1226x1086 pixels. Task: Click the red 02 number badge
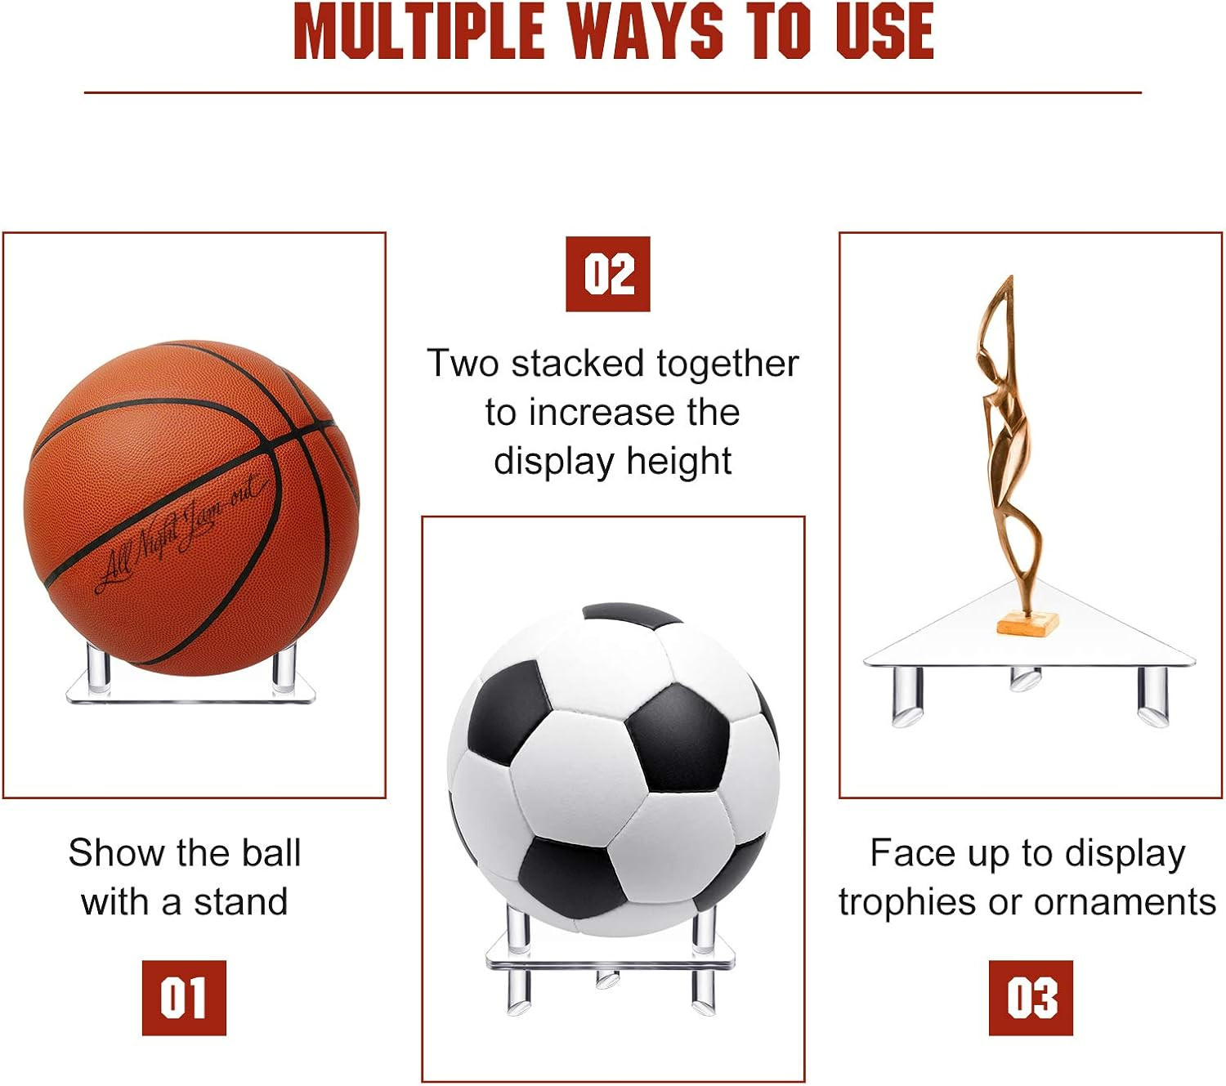click(x=607, y=274)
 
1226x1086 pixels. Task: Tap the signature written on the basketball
click(x=181, y=535)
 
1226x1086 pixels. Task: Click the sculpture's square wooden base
click(x=1028, y=623)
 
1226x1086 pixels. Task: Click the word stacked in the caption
click(x=577, y=364)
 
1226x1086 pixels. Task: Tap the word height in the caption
click(x=679, y=462)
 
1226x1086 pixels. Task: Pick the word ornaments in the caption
click(x=1125, y=902)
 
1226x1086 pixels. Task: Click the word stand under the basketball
click(x=240, y=901)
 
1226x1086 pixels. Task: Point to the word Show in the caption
click(x=116, y=853)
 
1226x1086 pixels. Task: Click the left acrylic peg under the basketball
click(x=99, y=668)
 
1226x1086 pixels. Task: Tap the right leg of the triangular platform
click(x=1152, y=695)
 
